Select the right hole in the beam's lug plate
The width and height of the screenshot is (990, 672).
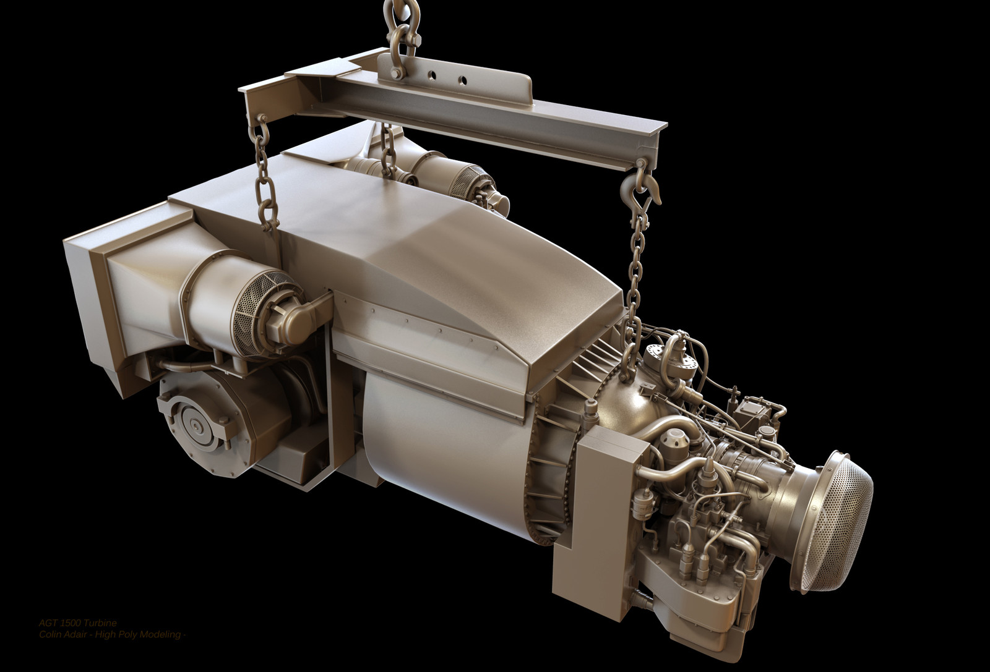click(462, 80)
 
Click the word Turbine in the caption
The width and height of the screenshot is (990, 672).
click(100, 623)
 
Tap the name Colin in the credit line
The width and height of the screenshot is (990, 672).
click(49, 634)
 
